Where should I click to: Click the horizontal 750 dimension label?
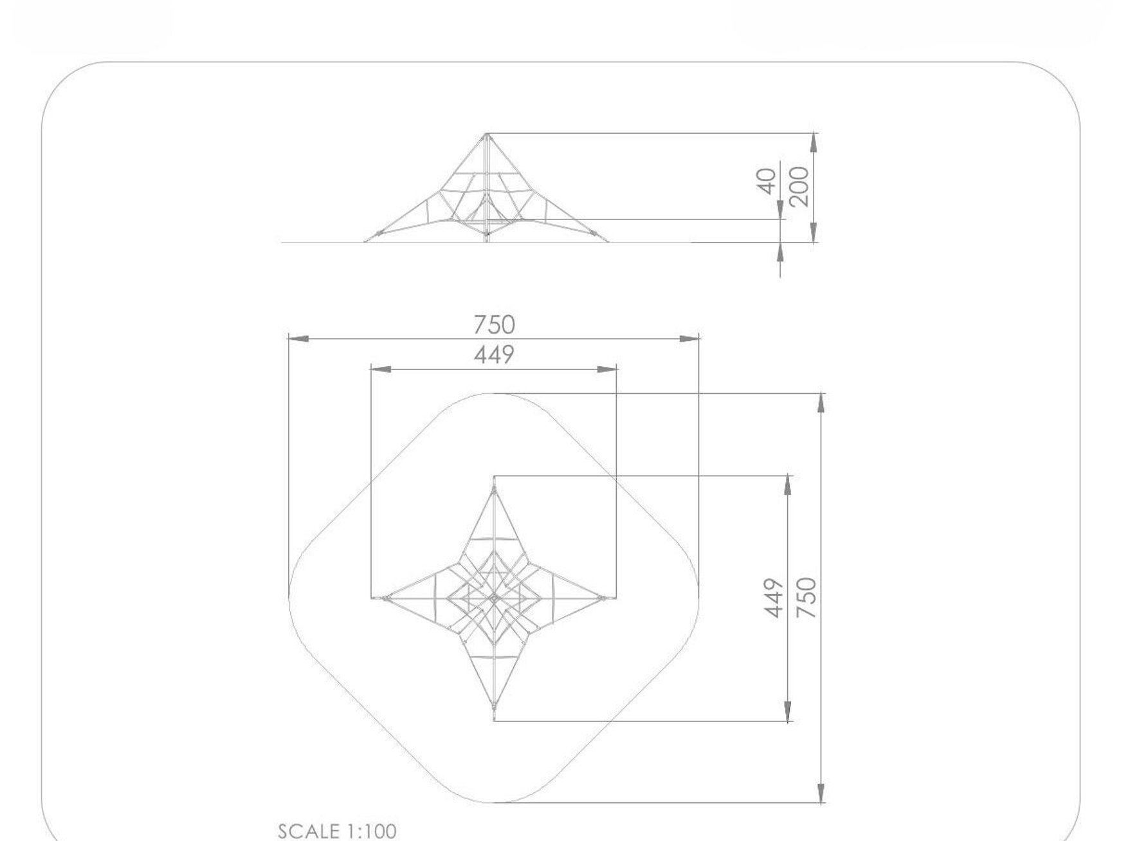click(x=494, y=324)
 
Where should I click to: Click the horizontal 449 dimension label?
click(x=494, y=355)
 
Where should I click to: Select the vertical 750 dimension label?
click(x=806, y=598)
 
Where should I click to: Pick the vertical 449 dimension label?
click(x=775, y=598)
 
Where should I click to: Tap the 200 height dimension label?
click(x=798, y=186)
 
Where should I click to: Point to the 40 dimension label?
click(x=767, y=181)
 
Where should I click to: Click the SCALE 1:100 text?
click(x=337, y=831)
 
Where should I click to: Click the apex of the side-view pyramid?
click(x=487, y=134)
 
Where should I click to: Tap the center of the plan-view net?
click(x=494, y=598)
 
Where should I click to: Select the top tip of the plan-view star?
click(x=494, y=489)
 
